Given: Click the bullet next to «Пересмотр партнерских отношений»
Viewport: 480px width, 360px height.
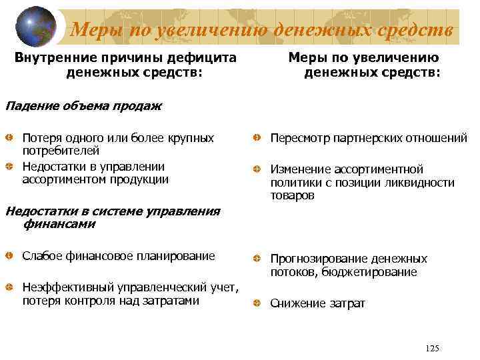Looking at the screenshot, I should (x=257, y=138).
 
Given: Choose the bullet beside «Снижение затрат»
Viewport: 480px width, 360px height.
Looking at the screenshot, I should (x=257, y=304).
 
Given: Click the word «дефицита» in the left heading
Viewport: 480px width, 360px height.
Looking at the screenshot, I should (x=206, y=57).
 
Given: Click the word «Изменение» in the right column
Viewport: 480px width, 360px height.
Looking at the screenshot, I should (x=300, y=169).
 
